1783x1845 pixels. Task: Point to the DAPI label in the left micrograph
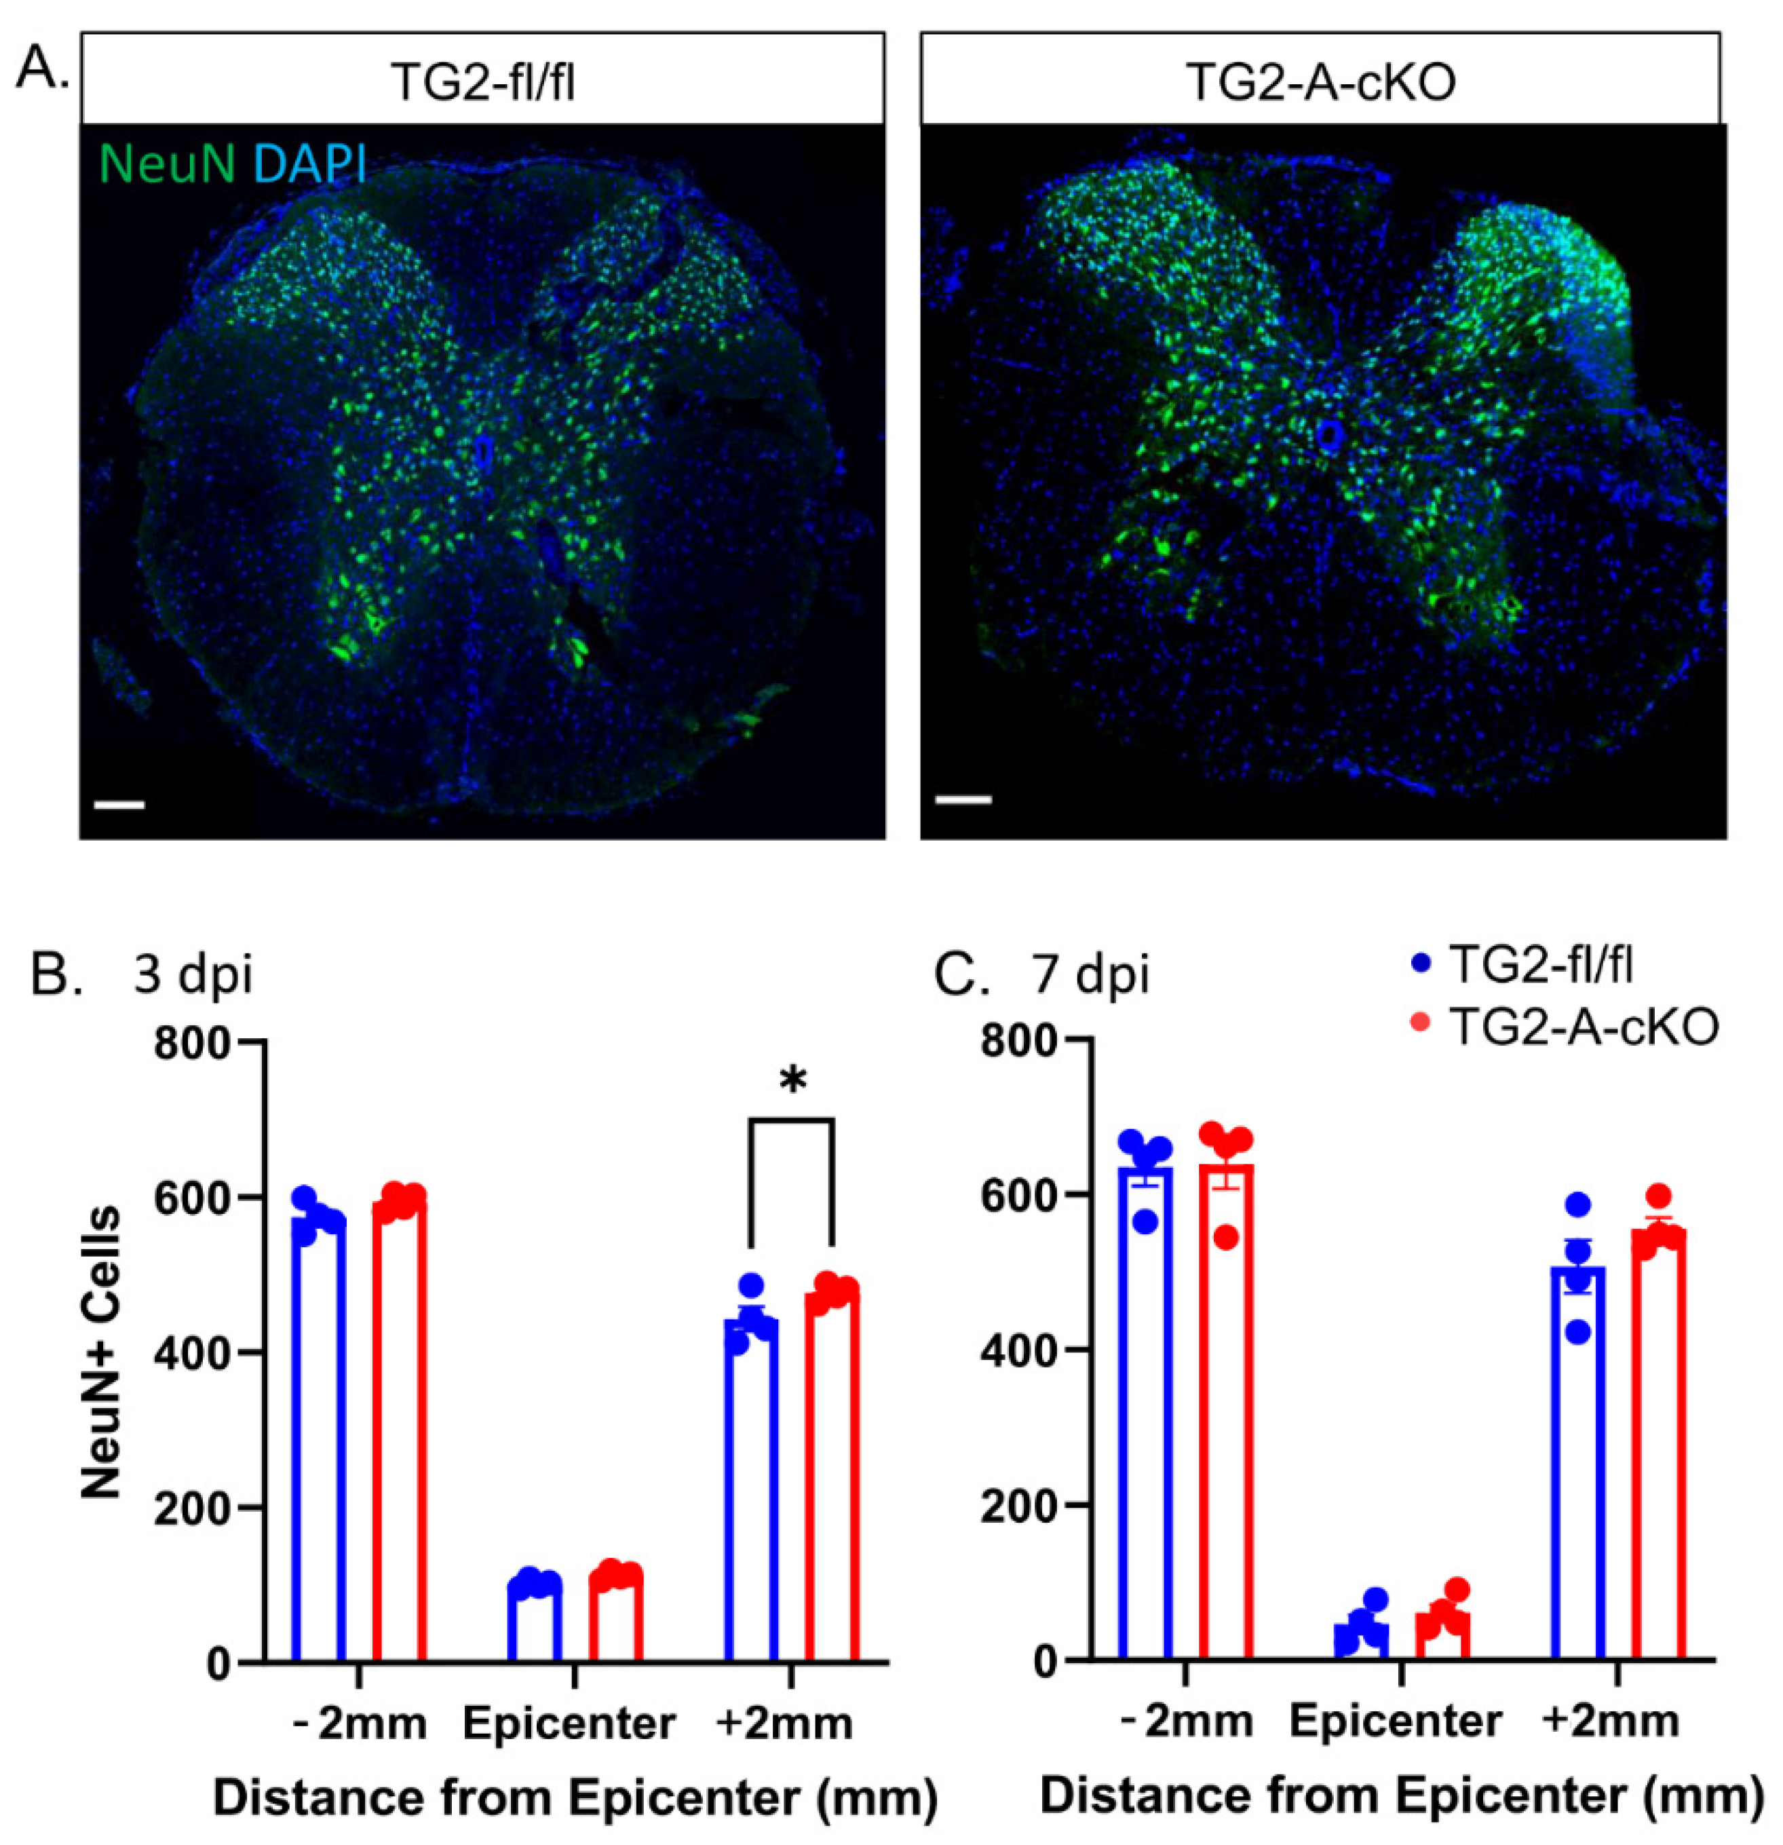tap(309, 162)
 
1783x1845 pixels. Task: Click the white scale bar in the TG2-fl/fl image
tap(119, 805)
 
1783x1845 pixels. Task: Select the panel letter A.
tap(42, 68)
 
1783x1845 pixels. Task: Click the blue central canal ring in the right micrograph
tap(1329, 434)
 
